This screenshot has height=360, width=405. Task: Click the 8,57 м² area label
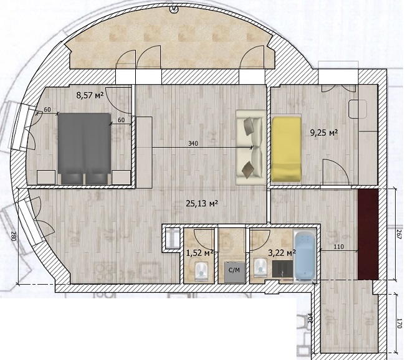click(90, 96)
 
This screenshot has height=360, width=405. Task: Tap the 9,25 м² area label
click(324, 133)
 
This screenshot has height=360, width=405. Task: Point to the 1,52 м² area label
click(199, 253)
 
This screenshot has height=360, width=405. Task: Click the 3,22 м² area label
click(282, 253)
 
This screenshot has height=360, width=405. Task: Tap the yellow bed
click(286, 149)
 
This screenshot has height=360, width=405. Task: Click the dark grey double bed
click(85, 148)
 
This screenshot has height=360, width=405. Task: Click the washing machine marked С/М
click(234, 272)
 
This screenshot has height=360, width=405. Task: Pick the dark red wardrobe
click(368, 234)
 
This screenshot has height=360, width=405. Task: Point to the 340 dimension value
click(193, 144)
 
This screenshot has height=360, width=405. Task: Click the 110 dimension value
click(338, 247)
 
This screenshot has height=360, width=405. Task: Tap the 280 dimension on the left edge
click(14, 236)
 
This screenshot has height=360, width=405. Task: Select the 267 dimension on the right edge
click(399, 234)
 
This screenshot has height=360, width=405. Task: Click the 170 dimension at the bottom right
click(399, 323)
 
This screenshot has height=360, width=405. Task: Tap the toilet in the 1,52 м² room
click(201, 272)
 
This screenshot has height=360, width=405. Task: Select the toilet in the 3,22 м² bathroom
click(260, 268)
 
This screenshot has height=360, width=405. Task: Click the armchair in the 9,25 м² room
click(358, 109)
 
